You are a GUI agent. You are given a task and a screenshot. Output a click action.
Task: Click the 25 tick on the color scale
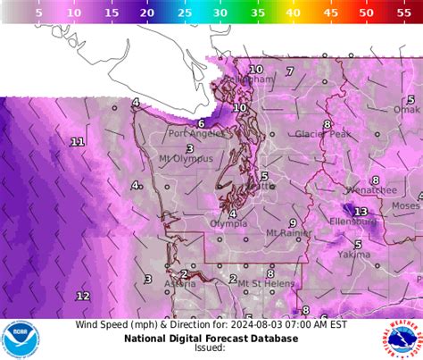coord(184,13)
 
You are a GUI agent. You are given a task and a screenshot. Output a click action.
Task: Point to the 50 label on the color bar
coord(367,13)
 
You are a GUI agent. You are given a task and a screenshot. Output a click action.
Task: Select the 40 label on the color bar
coord(294,13)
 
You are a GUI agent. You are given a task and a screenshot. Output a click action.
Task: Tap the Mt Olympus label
coord(186,159)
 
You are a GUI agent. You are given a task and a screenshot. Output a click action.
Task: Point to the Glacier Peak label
coord(322,134)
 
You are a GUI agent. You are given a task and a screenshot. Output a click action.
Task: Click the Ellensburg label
coord(353,221)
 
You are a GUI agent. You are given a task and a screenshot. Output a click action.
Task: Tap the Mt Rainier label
coord(288,233)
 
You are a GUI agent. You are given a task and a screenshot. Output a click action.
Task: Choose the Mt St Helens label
coord(262,284)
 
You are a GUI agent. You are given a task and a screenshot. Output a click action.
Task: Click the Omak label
coord(407,110)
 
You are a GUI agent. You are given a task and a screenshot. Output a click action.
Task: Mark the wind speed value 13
coord(361,212)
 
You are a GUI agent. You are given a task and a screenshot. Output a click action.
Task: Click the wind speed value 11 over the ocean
coord(78,142)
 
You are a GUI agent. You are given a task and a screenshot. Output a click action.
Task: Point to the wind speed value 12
coord(82,296)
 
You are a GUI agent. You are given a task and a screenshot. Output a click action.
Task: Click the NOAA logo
coord(21,340)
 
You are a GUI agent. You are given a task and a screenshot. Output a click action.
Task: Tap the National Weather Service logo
coord(401,340)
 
